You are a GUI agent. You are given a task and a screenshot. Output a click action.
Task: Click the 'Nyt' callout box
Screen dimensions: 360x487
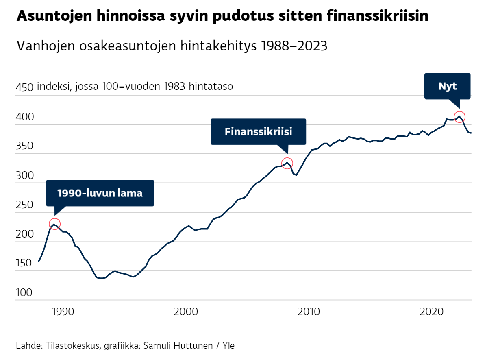(447, 86)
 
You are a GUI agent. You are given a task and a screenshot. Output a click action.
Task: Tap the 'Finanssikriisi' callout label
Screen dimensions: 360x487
(258, 132)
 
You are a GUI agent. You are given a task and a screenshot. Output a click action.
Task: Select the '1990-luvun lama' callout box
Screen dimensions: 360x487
(100, 193)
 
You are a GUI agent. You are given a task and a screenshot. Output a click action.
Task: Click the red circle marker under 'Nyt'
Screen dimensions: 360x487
(459, 117)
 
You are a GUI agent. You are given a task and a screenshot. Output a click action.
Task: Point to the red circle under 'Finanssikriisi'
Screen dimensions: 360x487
(287, 163)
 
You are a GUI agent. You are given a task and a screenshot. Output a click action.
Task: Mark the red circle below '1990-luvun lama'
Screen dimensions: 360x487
(55, 224)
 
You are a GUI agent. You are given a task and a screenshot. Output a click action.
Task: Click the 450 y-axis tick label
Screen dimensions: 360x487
(24, 87)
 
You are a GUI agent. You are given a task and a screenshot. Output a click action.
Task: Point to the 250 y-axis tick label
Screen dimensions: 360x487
(24, 205)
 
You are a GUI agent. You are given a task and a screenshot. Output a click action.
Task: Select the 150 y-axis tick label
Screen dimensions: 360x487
(24, 263)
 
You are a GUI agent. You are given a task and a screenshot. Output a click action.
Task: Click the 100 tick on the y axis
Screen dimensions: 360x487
(24, 292)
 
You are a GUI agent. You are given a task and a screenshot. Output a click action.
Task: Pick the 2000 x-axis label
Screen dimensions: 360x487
(186, 312)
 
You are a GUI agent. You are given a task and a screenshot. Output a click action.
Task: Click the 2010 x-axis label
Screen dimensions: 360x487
(309, 312)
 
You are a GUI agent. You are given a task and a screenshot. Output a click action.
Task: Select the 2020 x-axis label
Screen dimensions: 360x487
(432, 312)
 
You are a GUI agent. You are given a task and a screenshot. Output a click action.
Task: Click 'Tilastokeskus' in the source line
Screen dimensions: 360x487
(72, 346)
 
